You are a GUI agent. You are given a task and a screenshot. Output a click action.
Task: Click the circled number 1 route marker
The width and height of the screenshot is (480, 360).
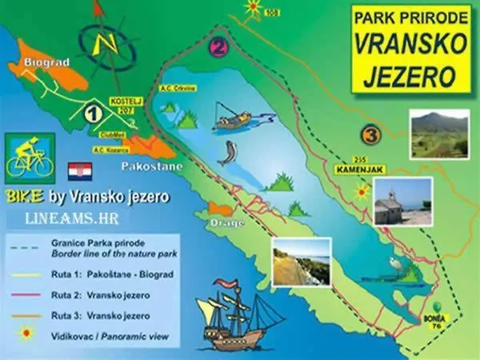click(x=93, y=114)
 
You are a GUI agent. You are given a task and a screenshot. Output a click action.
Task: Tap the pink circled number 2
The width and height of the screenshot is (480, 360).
click(x=218, y=48)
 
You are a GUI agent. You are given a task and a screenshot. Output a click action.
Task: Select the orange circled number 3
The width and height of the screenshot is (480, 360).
click(x=370, y=134)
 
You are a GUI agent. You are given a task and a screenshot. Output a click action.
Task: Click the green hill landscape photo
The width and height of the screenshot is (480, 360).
click(x=438, y=134)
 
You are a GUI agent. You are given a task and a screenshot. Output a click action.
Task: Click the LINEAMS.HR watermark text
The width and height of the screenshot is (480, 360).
click(x=66, y=217)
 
